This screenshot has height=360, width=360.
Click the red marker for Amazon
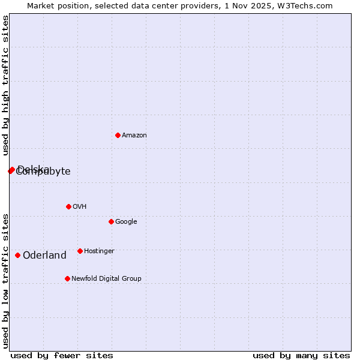118,135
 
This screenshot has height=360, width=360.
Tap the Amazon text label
134,136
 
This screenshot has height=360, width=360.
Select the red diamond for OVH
68,206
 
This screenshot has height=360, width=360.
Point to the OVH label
80,207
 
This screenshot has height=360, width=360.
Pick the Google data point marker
111,221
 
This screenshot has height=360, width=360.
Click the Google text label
126,222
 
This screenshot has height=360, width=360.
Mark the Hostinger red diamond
80,251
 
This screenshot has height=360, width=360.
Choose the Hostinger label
99,251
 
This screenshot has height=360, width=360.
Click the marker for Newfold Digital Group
67,278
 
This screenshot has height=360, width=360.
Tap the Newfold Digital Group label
106,279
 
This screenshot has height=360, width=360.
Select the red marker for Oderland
17,255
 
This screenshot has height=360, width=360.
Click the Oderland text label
44,256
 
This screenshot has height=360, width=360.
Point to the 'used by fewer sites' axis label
62,355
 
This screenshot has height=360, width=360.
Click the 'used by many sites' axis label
301,355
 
